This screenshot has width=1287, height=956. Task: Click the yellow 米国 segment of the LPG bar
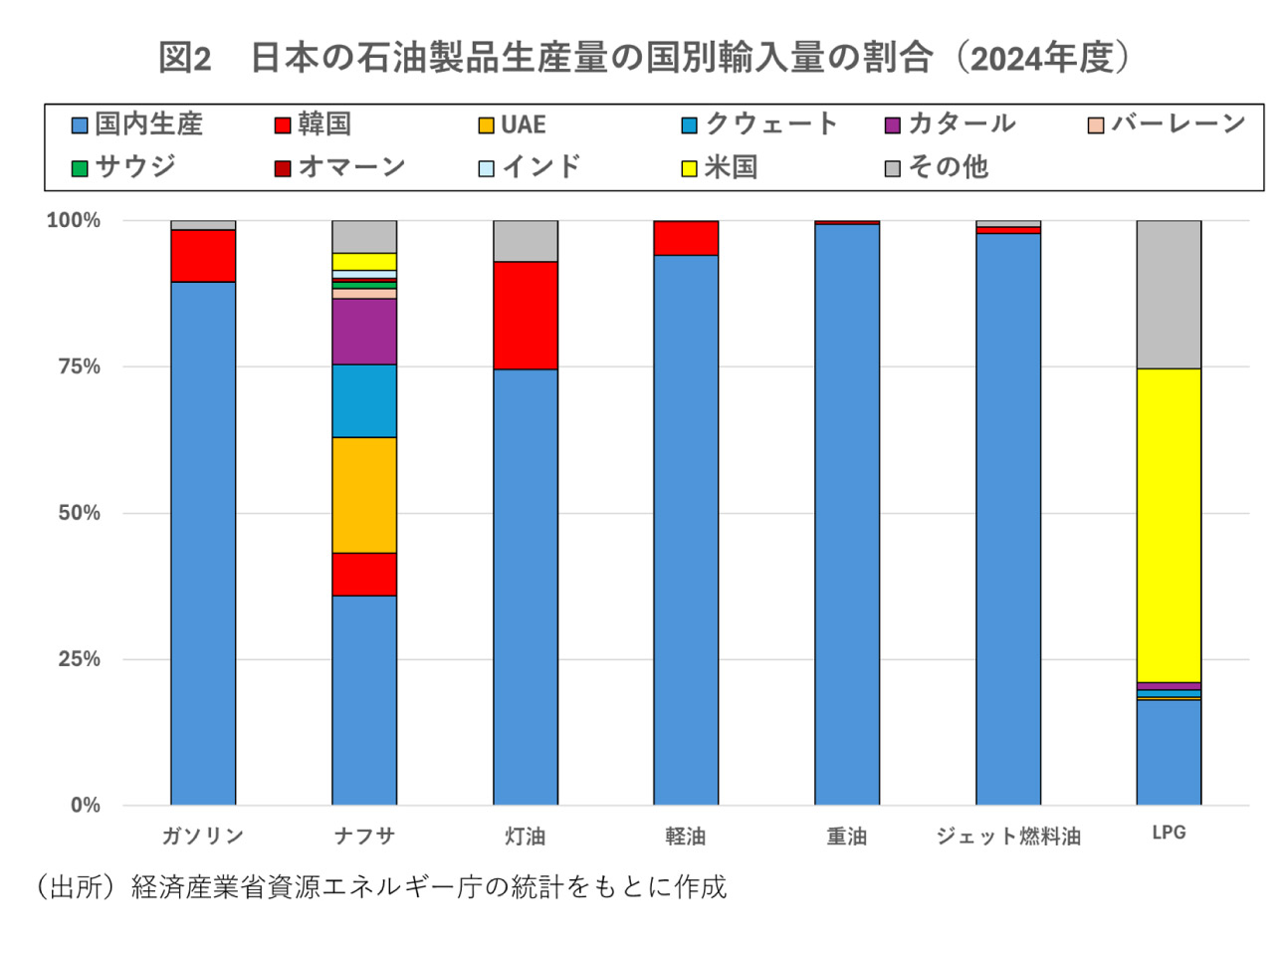[x=1169, y=525]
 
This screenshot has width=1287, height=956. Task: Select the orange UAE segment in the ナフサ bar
[x=364, y=495]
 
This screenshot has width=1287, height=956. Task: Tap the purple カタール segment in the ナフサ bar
[x=364, y=332]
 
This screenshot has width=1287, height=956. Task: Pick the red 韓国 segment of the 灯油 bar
[x=526, y=315]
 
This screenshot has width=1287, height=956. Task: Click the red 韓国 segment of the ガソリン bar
[x=203, y=256]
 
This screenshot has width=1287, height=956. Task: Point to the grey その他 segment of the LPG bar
[x=1169, y=295]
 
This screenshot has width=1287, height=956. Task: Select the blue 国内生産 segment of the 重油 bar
[x=847, y=514]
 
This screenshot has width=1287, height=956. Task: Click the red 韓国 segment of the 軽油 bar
[x=686, y=239]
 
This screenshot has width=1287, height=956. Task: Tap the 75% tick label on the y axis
[x=79, y=366]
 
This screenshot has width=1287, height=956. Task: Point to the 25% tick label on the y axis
[x=79, y=659]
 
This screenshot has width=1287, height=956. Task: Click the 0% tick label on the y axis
[x=85, y=806]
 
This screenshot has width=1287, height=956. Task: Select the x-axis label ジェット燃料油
[x=1007, y=836]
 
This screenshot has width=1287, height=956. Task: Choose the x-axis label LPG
[x=1169, y=834]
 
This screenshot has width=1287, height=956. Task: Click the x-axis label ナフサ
[x=364, y=836]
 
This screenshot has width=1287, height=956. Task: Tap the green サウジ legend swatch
[x=81, y=168]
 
